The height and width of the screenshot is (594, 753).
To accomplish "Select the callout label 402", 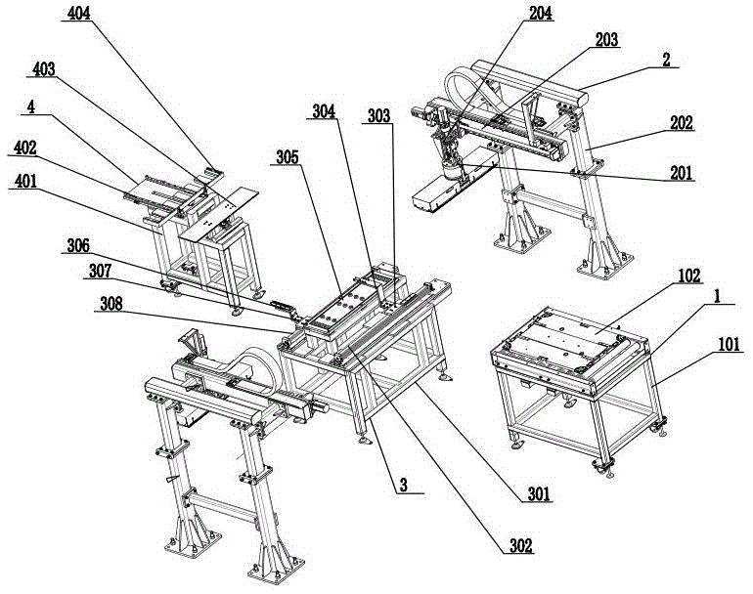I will point(26,148).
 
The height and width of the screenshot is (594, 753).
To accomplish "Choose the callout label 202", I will point(682,123).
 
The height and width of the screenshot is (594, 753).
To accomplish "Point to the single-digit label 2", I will point(665,58).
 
